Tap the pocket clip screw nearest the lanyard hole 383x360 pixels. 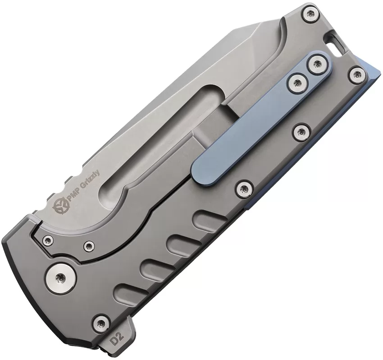(317, 64)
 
